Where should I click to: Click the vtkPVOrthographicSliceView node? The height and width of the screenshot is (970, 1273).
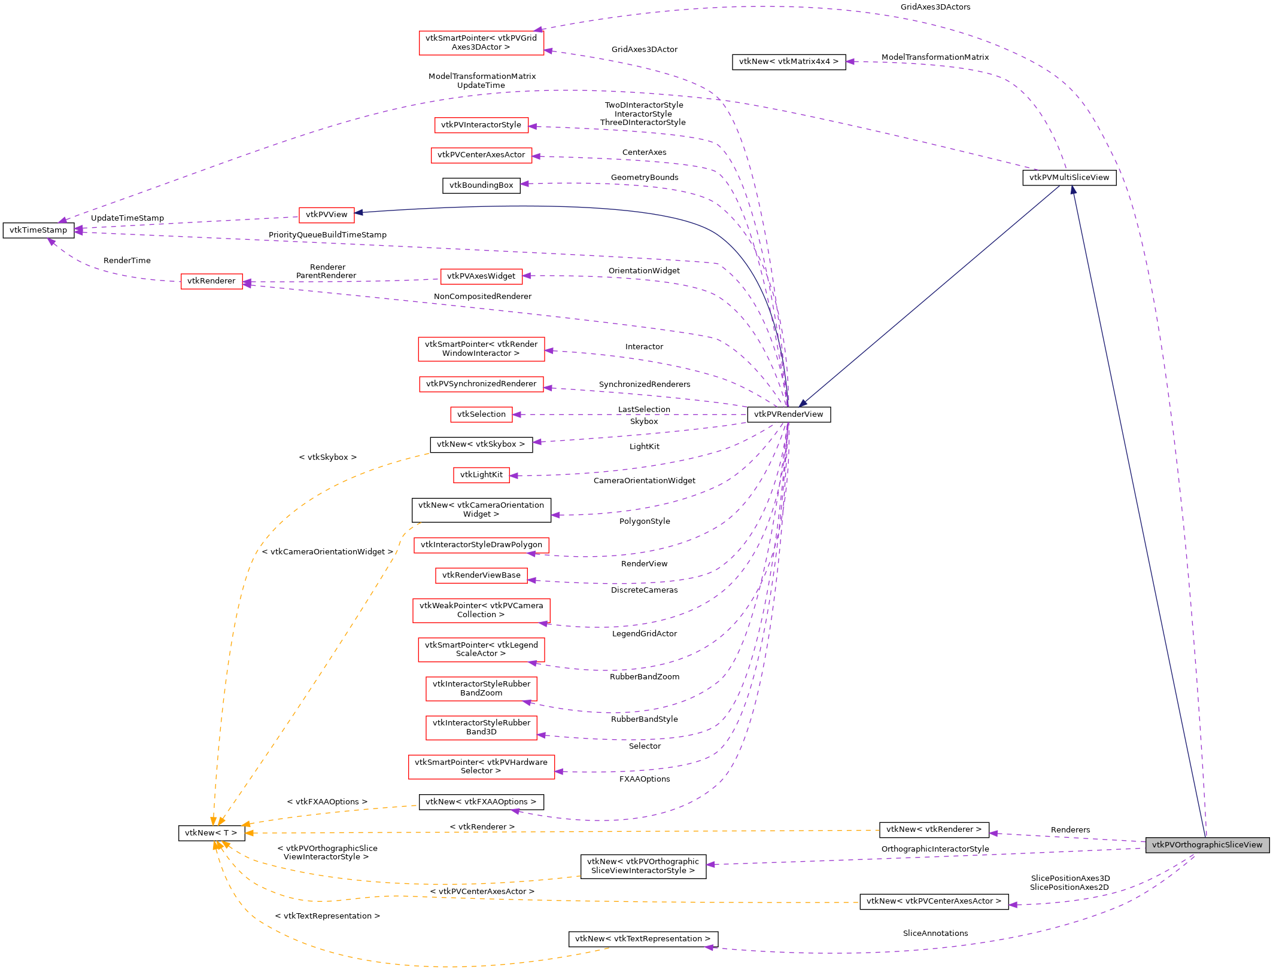tap(1207, 845)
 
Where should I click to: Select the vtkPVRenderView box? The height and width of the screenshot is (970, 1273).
tap(788, 414)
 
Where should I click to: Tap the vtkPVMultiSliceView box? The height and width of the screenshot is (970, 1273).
tap(1069, 178)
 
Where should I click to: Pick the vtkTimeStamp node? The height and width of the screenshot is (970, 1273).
tap(38, 230)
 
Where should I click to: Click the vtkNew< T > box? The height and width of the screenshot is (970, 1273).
tap(211, 833)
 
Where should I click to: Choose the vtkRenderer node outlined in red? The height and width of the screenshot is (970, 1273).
tap(211, 281)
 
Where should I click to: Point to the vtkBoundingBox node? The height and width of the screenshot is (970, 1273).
tap(481, 185)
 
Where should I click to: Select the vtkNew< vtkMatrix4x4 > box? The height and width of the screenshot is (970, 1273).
tap(788, 62)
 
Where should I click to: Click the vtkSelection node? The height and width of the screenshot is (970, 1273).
tap(481, 414)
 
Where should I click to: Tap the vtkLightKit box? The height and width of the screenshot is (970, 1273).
tap(481, 475)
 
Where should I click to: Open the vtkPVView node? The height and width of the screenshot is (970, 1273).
tap(326, 215)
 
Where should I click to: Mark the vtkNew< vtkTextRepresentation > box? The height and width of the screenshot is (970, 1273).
tap(643, 939)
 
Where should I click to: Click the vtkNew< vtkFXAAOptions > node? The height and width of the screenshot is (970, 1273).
tap(481, 802)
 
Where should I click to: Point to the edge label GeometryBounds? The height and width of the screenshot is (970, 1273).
tap(645, 178)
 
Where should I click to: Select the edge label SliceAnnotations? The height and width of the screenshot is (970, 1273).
tap(935, 934)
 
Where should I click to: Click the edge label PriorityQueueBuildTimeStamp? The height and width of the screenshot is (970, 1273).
tap(327, 235)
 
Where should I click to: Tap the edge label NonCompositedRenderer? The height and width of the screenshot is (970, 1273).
tap(482, 297)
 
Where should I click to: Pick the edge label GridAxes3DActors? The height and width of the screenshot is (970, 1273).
tap(935, 7)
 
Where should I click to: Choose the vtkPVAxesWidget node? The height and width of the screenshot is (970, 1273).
tap(481, 276)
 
